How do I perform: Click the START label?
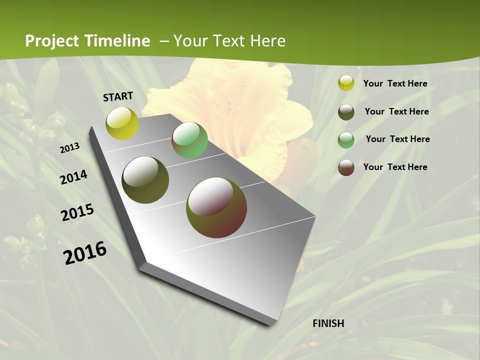tap(118, 96)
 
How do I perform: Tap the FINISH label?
tap(328, 323)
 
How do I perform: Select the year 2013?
tap(70, 148)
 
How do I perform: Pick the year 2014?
tap(74, 177)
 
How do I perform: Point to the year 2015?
tap(77, 212)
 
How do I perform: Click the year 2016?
tap(85, 252)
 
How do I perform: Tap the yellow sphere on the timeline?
tap(122, 123)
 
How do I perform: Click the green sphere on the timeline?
tap(189, 140)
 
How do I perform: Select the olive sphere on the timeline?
tap(145, 180)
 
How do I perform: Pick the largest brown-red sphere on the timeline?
tap(216, 207)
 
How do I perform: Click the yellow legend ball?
tap(346, 83)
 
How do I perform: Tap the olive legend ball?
tap(346, 112)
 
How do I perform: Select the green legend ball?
tap(346, 140)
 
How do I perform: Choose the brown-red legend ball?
tap(346, 167)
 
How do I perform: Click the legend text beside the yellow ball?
tap(395, 83)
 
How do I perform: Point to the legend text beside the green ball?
tap(397, 139)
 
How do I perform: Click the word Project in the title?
tap(52, 41)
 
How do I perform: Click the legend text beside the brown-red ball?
tap(395, 167)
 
